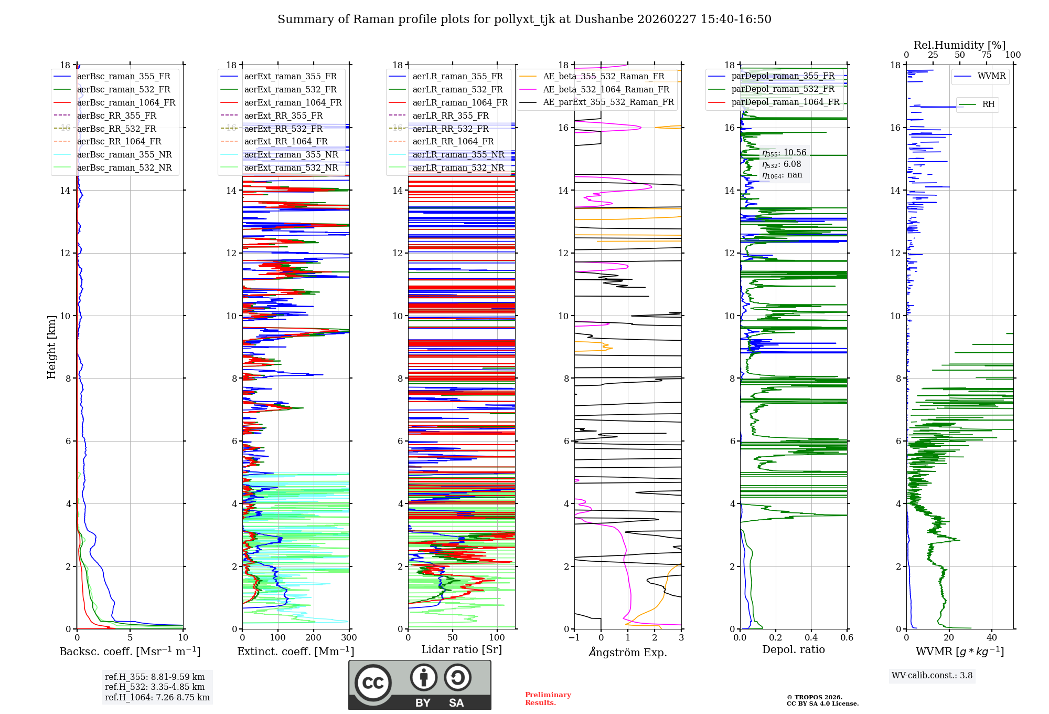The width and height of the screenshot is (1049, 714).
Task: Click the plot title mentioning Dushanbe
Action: coord(524,19)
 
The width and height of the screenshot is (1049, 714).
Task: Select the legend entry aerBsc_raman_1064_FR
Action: coord(126,103)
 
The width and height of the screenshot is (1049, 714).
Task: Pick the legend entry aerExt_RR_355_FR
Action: coord(283,116)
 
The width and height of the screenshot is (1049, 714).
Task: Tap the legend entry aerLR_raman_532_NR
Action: coord(458,168)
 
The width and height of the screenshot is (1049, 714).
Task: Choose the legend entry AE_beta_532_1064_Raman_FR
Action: coord(606,90)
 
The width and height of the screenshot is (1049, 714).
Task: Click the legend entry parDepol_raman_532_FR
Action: coord(783,89)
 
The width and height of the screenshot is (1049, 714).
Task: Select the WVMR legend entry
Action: coord(991,76)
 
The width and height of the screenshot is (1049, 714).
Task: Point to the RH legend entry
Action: coord(988,104)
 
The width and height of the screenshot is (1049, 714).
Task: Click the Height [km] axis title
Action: coord(51,346)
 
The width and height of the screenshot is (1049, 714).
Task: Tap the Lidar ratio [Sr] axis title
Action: coord(462,650)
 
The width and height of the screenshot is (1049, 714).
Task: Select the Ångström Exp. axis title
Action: coord(628,653)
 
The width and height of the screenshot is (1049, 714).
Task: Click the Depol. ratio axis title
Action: coord(793,650)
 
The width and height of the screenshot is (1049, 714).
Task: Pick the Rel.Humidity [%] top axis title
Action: coord(959,45)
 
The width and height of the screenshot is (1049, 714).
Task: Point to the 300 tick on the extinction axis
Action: coord(349,638)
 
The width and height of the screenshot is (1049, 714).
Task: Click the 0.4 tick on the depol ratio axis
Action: coord(811,638)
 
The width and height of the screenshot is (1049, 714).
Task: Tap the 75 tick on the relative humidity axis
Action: coord(987,55)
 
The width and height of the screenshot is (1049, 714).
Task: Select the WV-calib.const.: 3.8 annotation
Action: coord(932,676)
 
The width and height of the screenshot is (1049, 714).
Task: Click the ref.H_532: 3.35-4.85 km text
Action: coord(155,687)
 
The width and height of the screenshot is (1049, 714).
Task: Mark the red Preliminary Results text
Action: coord(548,699)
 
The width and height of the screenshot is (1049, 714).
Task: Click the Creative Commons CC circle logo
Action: coord(373,683)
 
